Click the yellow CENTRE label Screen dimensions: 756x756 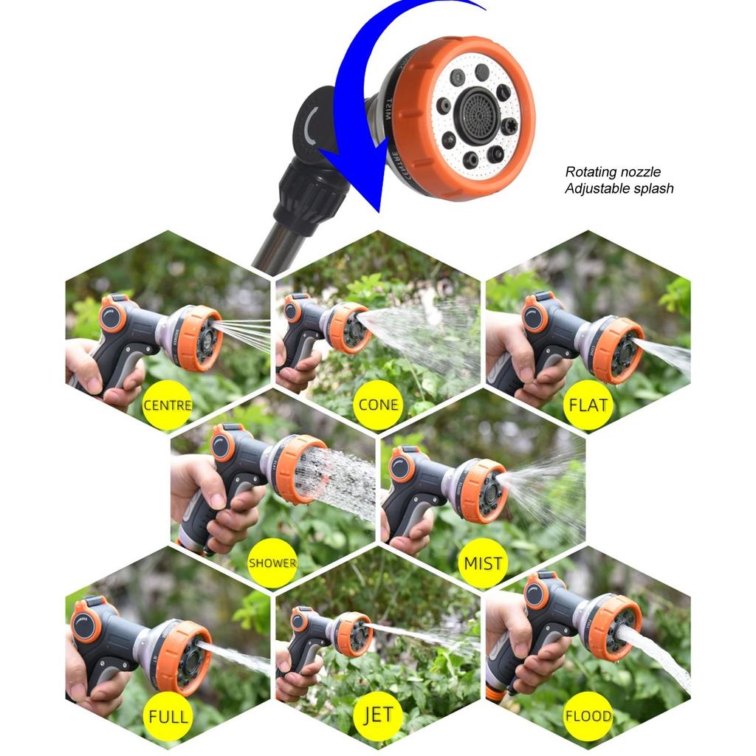coord(168,405)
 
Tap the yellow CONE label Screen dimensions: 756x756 coord(378,405)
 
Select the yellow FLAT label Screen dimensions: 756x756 coord(588,405)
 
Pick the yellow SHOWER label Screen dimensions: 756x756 coord(272,563)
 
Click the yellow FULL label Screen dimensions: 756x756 coord(168,716)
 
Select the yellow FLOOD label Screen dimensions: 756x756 coord(588,716)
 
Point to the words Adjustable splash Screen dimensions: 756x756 coord(619,188)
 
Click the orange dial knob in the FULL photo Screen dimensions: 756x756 coord(86,625)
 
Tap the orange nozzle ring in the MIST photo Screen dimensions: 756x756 coord(484,491)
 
